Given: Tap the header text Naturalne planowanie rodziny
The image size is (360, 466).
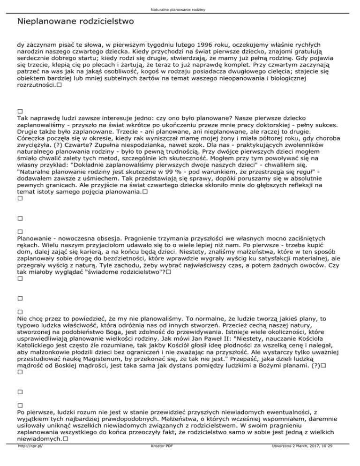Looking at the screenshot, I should click(180, 9).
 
